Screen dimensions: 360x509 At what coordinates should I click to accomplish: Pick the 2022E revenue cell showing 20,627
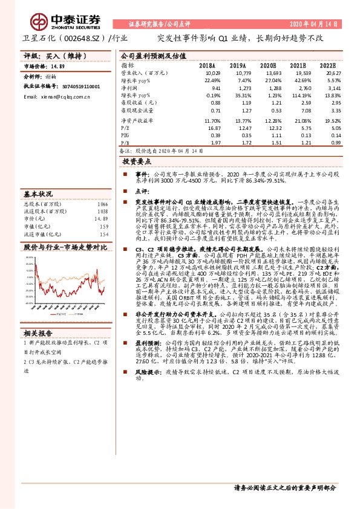(325, 73)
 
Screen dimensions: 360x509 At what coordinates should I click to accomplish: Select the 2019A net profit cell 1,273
(238, 88)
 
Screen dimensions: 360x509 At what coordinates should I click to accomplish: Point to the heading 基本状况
(38, 195)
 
